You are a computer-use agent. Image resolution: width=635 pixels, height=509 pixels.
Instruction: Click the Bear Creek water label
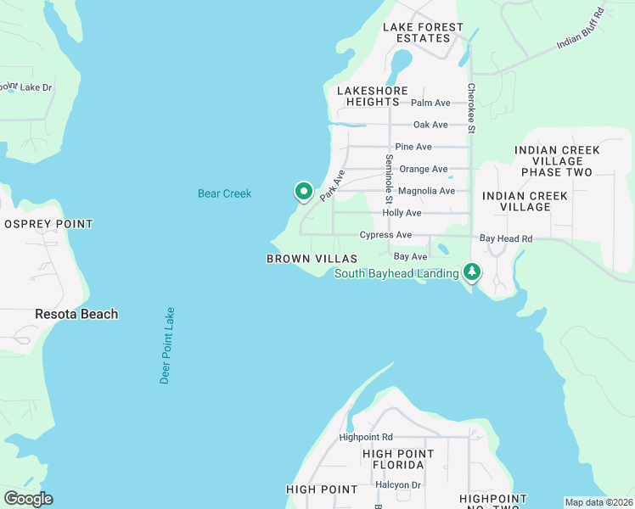coord(224,193)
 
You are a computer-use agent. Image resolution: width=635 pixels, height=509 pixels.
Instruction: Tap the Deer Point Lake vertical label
coord(166,345)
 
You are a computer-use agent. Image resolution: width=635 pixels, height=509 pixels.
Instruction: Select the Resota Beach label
coord(76,314)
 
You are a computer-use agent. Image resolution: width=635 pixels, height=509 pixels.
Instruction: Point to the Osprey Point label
coord(48,224)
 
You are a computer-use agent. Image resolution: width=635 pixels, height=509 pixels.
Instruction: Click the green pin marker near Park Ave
coord(303,192)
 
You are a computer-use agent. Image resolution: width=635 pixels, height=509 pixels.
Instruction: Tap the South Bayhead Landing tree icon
coord(472,272)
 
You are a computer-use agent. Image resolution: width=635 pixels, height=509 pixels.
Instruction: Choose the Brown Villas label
coord(312,258)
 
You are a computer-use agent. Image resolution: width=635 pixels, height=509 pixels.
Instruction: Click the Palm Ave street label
coord(430,103)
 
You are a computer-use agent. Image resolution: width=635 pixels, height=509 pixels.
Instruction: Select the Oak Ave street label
coord(430,125)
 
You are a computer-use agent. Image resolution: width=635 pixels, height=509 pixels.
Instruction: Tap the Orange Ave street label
coord(423,169)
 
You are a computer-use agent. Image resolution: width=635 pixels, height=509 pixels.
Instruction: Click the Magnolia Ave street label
coord(426,191)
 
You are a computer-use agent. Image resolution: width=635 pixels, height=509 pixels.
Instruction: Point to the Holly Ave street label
coord(402,213)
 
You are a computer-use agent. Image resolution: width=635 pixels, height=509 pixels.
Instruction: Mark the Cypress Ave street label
coord(385,235)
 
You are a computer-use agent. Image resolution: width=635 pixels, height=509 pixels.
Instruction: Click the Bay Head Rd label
coord(506,239)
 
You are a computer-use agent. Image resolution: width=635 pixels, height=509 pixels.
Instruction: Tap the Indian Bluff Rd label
coord(581,27)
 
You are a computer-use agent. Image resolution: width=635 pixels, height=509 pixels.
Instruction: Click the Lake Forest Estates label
coord(423,32)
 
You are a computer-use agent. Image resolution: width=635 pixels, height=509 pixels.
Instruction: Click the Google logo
coord(28,499)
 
